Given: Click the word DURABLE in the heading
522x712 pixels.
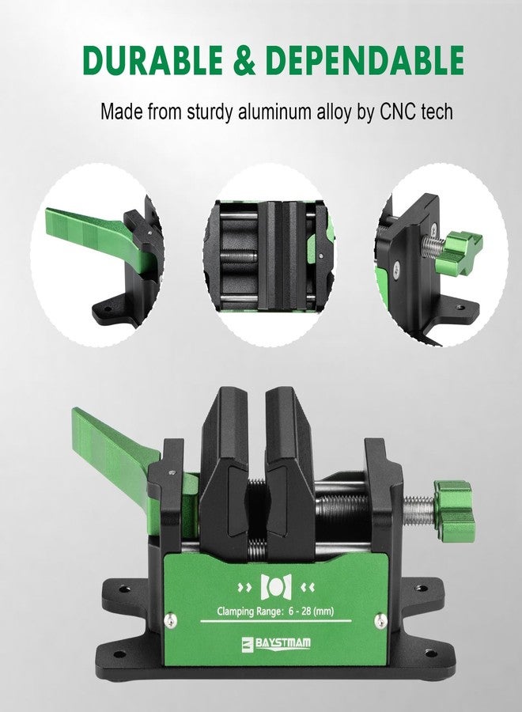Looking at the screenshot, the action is pos(152,60).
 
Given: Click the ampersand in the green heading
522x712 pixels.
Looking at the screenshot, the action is pos(244,60).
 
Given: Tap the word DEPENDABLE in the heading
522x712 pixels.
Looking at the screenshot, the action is pos(365,60).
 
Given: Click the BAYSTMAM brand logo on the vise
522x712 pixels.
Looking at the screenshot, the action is pos(277,643).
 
